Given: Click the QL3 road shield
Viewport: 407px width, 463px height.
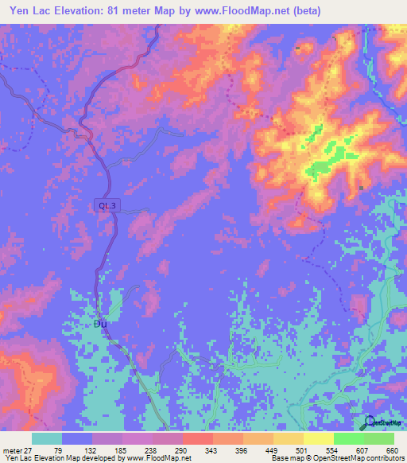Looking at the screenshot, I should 106,205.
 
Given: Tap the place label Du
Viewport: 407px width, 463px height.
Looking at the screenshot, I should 100,324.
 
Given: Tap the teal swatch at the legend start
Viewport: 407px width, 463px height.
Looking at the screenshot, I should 47,438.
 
